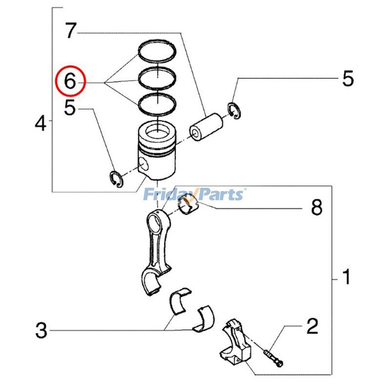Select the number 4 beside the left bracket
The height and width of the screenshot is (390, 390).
pos(40,124)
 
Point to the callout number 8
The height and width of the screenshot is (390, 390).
pos(316,208)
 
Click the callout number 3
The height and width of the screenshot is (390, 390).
pos(41,331)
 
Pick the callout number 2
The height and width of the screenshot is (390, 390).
pos(312,325)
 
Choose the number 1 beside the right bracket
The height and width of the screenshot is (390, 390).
pos(346,278)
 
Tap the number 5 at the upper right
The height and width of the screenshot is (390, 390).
pos(348,78)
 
